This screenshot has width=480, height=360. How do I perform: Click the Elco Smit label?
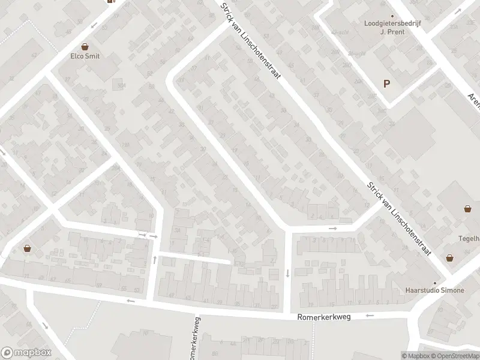coord(85,56)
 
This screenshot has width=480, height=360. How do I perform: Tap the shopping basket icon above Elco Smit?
coord(85,46)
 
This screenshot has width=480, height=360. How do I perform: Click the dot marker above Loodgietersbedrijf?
coord(393,17)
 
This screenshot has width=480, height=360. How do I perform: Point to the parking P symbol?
coord(387,84)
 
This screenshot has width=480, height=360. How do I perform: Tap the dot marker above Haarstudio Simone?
coord(436,283)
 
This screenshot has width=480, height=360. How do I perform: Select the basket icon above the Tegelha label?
coord(467,209)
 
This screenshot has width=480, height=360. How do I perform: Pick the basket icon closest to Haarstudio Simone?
coord(449,258)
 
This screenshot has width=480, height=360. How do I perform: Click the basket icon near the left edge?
coord(28,248)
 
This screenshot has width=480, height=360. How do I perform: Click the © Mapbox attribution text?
coord(416,356)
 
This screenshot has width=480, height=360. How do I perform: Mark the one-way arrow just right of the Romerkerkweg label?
coord(370,315)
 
